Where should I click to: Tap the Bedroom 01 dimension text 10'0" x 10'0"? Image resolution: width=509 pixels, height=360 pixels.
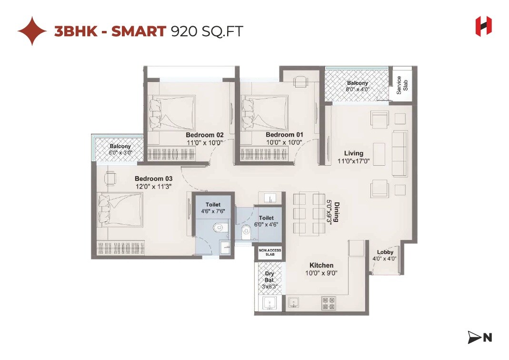click(x=284, y=142)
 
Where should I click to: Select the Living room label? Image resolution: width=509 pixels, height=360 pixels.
click(x=354, y=153)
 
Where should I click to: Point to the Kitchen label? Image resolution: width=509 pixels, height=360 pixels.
click(x=321, y=265)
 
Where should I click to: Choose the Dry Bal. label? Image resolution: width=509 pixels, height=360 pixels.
click(x=270, y=277)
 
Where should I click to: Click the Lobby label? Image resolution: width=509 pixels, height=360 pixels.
click(x=385, y=252)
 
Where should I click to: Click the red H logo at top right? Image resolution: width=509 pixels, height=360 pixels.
click(x=483, y=26)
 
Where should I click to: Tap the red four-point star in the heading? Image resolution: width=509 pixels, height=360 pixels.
click(x=32, y=31)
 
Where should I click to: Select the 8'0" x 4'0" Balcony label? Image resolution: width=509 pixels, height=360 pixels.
click(x=357, y=86)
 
